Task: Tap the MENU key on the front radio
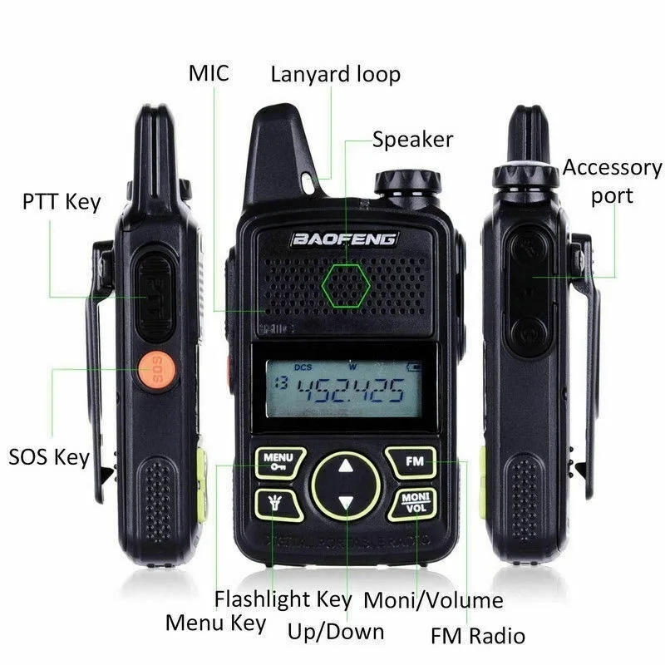277,462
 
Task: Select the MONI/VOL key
413,503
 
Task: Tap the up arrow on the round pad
346,467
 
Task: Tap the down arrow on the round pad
346,503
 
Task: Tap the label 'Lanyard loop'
335,74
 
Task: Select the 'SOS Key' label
48,456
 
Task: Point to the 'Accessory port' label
612,180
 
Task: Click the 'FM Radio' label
478,636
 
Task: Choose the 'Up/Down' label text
336,631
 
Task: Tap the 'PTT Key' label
61,201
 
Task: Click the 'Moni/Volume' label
434,600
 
